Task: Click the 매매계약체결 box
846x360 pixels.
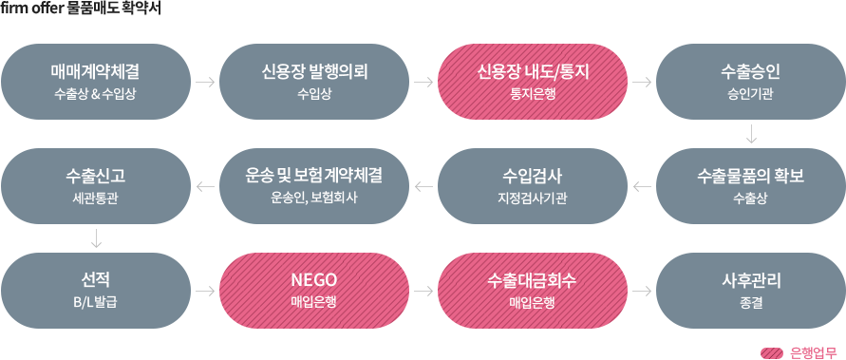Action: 96,81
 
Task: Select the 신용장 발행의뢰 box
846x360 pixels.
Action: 314,81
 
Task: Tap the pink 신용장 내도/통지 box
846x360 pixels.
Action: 533,81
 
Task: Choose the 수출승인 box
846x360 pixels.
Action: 750,81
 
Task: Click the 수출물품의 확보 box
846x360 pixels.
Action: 750,185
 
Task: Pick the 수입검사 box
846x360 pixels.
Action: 533,185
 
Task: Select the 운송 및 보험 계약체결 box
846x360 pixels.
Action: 314,185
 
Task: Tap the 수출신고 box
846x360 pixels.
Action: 96,185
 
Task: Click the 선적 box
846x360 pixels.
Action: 96,290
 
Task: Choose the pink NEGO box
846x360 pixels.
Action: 314,290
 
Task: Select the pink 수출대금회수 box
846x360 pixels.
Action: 533,290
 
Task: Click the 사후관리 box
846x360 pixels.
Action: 750,290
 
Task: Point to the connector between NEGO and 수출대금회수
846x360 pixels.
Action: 423,291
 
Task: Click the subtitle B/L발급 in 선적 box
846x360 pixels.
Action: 96,302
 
